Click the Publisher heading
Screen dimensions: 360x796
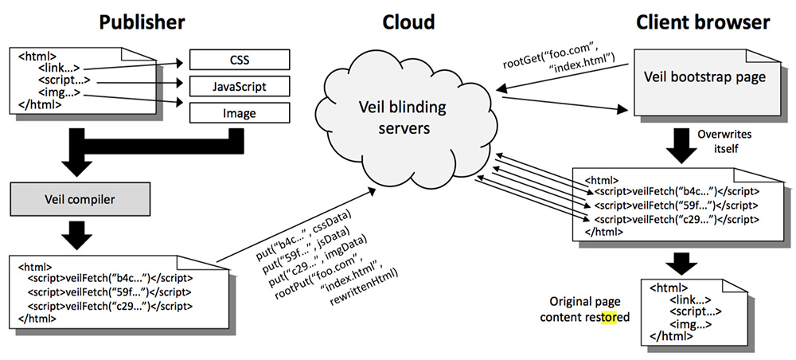click(x=142, y=22)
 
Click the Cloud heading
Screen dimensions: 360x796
click(x=409, y=22)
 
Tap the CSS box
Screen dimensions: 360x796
click(x=239, y=59)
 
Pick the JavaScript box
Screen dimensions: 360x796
click(x=239, y=86)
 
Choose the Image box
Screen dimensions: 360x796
click(x=239, y=113)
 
